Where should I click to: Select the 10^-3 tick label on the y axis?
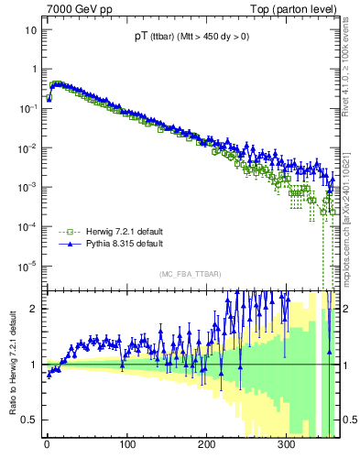pos(27,187)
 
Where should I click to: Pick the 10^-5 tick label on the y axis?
pos(27,266)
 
